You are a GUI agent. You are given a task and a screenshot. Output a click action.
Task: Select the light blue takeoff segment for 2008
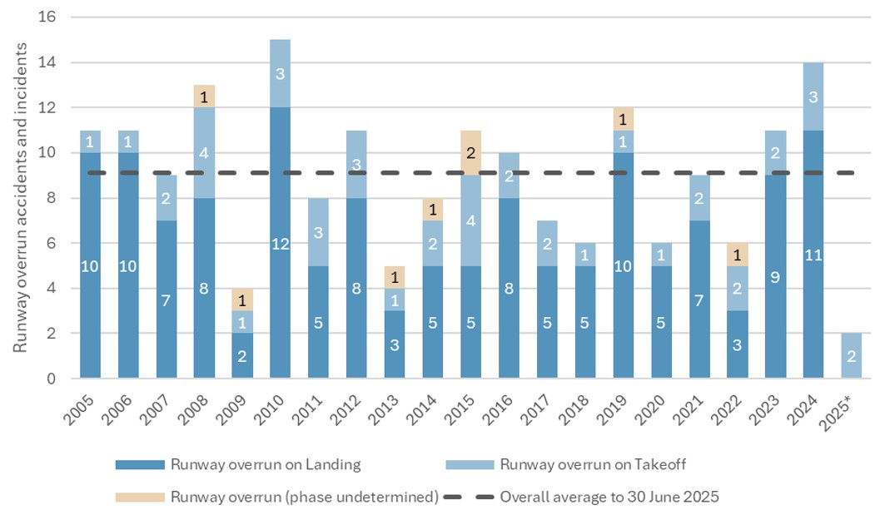point(204,153)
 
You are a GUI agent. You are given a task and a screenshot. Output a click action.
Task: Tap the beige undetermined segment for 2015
point(470,152)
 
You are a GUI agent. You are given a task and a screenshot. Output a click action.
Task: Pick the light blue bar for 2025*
point(851,356)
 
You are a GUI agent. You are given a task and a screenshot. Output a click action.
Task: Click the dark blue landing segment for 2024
point(813,255)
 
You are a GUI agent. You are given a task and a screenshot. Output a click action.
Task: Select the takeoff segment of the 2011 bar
point(318,231)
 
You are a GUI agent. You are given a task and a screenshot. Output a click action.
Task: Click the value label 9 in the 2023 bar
point(775,276)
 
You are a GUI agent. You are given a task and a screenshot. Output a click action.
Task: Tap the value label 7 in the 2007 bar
point(167,300)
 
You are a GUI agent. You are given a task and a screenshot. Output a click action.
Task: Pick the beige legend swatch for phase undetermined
point(141,498)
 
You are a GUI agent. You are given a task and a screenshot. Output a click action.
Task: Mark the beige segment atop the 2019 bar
point(623,119)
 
